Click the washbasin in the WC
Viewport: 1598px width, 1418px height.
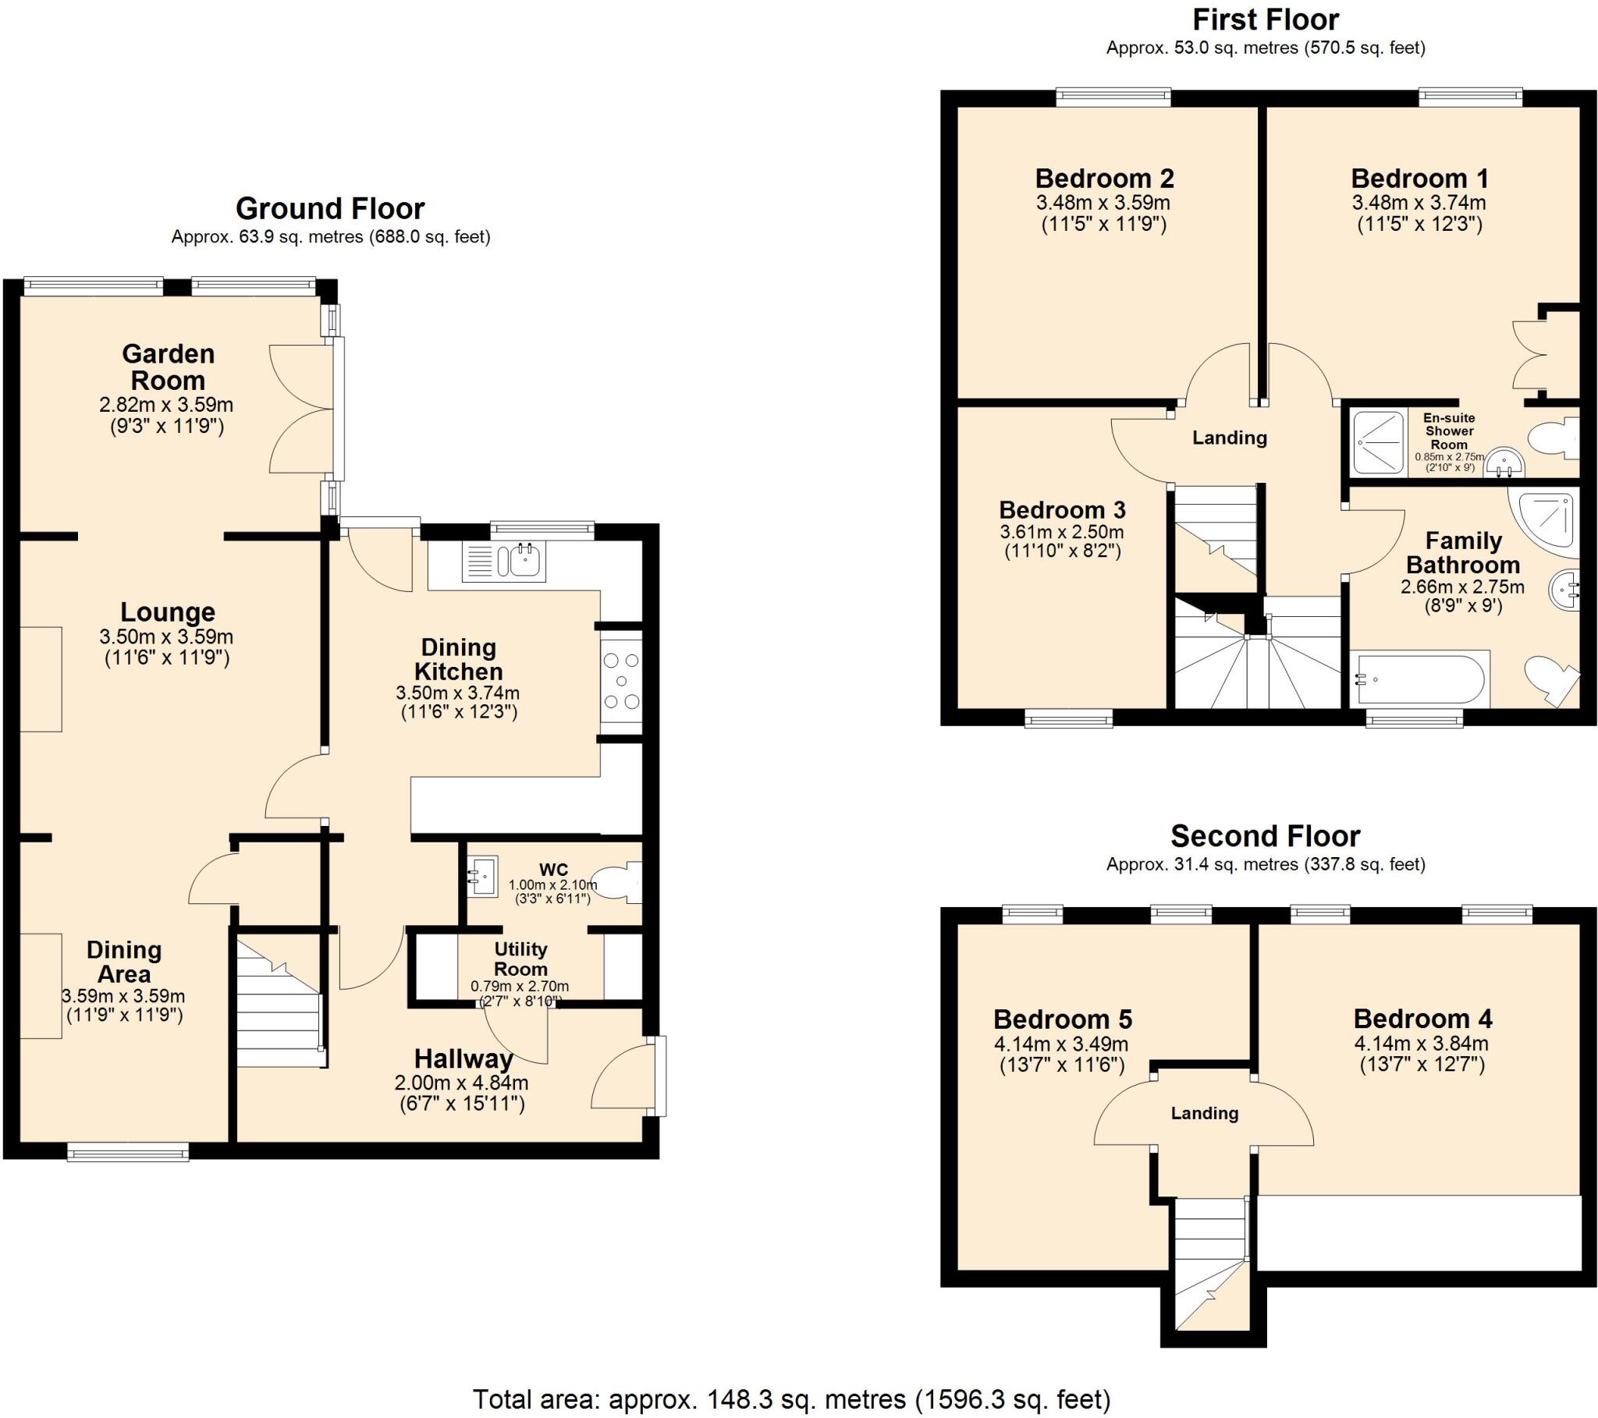point(482,876)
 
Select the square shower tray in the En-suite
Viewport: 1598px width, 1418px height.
point(1378,441)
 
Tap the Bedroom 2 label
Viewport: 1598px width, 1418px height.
point(1104,179)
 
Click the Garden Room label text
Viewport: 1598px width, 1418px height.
point(168,367)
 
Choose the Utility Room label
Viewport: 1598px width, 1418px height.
point(520,959)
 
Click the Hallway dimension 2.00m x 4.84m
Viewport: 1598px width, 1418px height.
point(462,1083)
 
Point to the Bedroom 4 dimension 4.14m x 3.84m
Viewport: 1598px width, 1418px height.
point(1422,1043)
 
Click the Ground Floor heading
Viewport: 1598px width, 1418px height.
point(330,209)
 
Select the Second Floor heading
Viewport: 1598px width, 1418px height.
point(1265,836)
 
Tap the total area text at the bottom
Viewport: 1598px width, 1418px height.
point(791,1399)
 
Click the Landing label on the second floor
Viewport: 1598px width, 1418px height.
point(1204,1113)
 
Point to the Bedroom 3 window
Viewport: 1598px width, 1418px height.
point(1069,718)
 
